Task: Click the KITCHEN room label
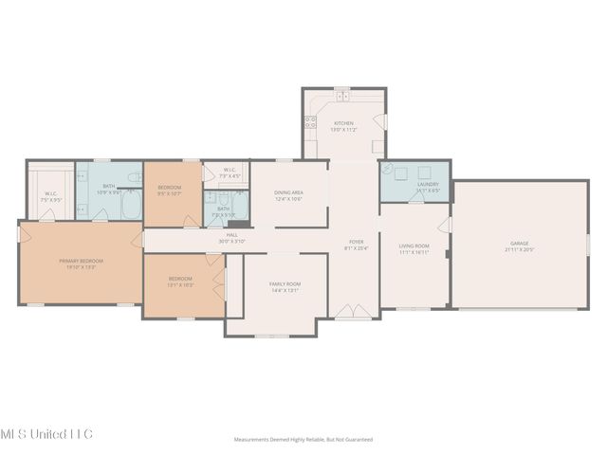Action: click(343, 125)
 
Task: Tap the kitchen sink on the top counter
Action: click(342, 96)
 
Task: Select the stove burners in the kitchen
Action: click(309, 120)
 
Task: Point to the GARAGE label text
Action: click(519, 246)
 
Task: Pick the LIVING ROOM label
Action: click(414, 248)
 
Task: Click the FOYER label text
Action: click(356, 245)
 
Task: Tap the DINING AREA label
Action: click(288, 195)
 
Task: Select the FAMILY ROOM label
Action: click(285, 286)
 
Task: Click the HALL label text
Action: click(231, 237)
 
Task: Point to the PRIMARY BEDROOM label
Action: click(81, 264)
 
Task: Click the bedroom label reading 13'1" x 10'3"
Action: click(180, 281)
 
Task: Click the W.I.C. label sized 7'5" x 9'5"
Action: click(51, 197)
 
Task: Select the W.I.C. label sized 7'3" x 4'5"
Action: click(230, 173)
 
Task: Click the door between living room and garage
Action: click(449, 227)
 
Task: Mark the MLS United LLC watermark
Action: click(46, 433)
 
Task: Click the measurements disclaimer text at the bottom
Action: click(303, 440)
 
